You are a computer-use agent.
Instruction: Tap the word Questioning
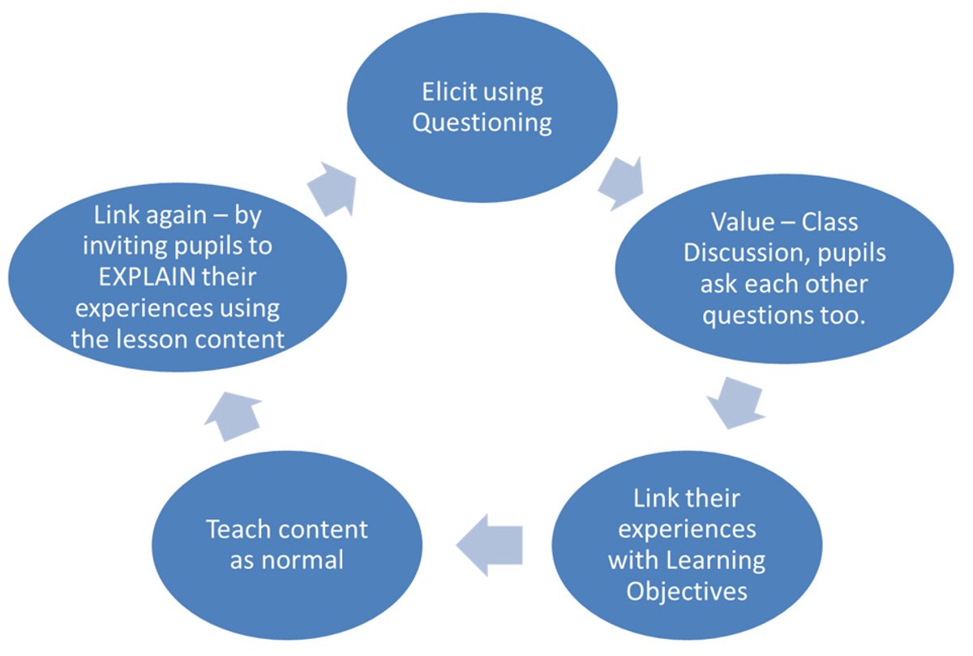point(482,123)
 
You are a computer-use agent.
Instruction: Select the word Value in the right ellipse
point(743,222)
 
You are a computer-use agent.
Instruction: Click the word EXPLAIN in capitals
point(147,277)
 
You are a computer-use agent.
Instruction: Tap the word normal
point(302,560)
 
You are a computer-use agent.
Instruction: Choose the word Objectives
point(687,592)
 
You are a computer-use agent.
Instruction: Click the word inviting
point(125,247)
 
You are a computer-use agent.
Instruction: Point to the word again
point(179,217)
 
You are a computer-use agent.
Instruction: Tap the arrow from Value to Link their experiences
point(736,404)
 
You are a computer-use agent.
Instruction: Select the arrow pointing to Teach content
point(490,545)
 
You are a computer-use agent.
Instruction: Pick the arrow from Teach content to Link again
point(234,416)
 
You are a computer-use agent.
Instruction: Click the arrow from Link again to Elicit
point(332,190)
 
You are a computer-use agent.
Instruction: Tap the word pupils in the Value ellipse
point(852,254)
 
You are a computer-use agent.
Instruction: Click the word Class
point(830,222)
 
